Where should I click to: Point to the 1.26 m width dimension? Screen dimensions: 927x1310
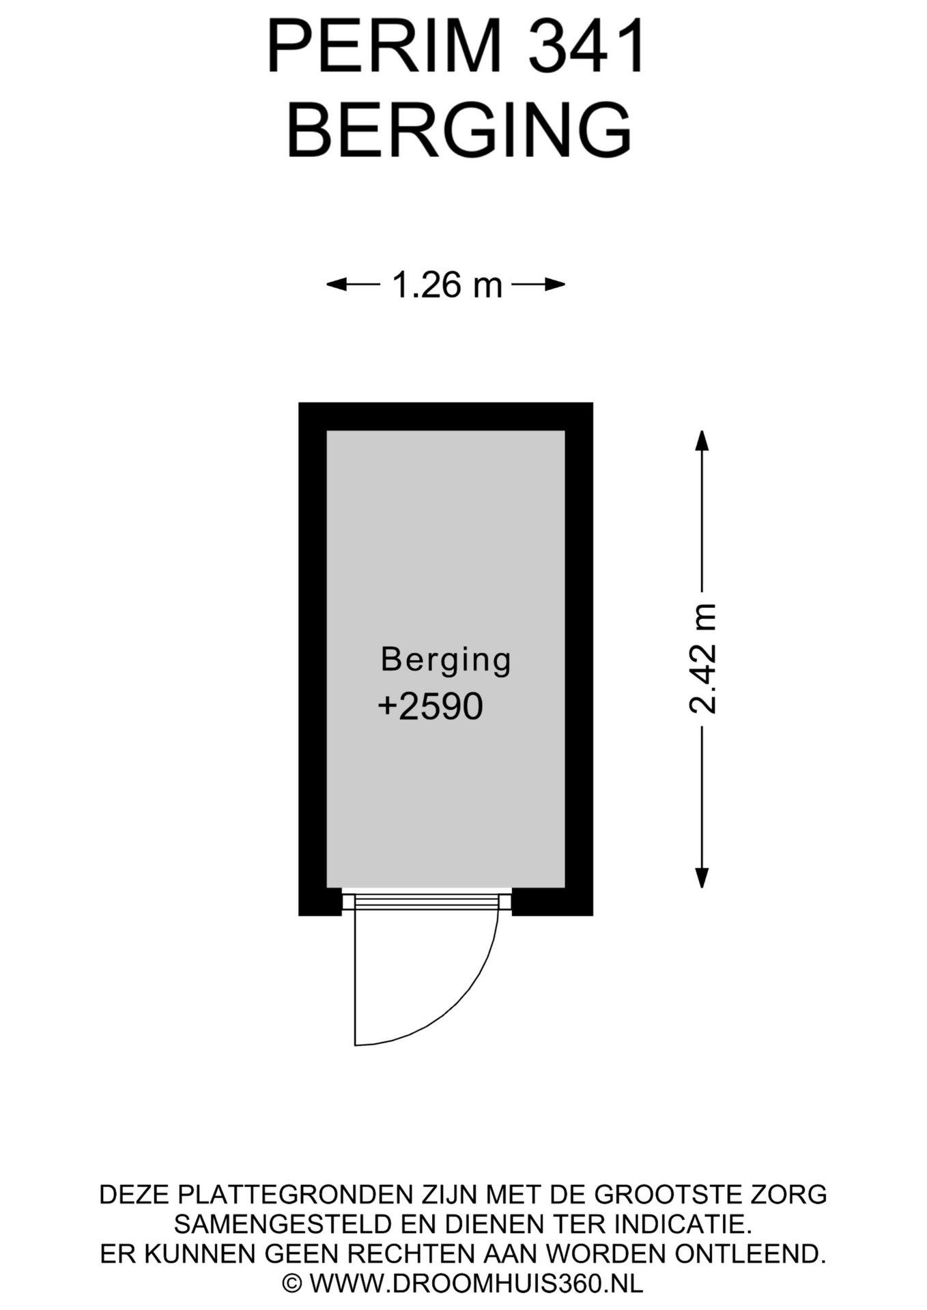446,285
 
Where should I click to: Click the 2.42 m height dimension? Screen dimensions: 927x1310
702,658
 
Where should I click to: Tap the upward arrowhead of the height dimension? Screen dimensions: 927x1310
701,441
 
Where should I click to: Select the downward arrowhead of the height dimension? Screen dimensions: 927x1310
701,877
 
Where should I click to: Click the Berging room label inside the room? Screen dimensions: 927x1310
446,660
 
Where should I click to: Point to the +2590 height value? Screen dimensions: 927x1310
430,705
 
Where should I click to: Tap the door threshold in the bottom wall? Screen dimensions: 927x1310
427,902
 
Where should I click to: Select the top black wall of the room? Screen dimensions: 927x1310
446,416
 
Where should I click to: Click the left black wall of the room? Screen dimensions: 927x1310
313,659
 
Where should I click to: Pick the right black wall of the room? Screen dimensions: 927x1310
579,659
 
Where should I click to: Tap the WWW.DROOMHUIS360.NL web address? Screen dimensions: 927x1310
476,1283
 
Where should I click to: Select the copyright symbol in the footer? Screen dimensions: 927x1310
293,1283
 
